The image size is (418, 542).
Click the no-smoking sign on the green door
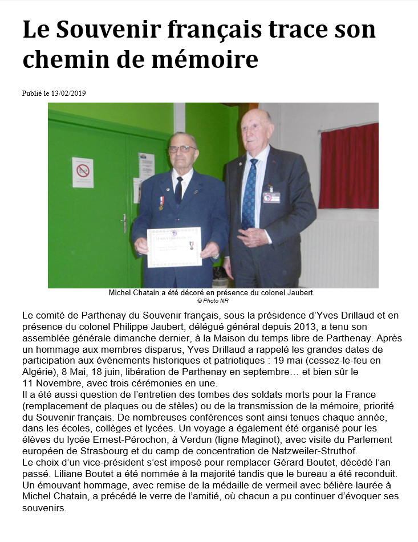(x=83, y=172)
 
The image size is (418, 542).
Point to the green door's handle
(x=124, y=222)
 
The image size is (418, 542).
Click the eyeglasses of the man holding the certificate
(x=182, y=149)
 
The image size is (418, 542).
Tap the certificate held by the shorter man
(x=174, y=247)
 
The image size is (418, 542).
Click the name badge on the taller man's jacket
(x=271, y=197)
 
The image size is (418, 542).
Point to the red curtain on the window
(x=348, y=166)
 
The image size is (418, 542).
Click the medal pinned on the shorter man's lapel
(x=161, y=202)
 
